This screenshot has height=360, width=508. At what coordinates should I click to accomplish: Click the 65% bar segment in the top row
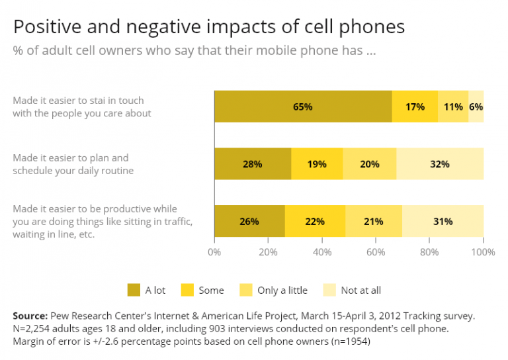point(303,107)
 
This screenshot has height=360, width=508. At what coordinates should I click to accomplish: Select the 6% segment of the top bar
point(476,107)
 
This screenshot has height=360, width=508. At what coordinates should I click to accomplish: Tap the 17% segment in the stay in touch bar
point(415,107)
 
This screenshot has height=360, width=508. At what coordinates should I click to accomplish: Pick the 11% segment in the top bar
point(453,107)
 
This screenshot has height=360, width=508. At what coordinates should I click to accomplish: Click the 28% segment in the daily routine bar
point(252,164)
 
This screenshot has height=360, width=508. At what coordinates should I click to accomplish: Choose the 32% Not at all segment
point(440,164)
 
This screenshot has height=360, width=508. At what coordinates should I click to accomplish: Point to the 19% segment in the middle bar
point(317,164)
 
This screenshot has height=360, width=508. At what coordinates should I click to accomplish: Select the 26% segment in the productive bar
point(249,222)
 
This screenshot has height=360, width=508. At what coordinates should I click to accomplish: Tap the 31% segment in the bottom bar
point(443,222)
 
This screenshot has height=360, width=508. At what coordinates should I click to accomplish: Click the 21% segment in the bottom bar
point(373,222)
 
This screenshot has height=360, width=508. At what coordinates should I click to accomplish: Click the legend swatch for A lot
point(134,290)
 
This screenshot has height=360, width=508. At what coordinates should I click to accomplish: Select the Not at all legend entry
point(360,290)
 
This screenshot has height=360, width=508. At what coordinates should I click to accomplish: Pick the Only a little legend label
point(281,290)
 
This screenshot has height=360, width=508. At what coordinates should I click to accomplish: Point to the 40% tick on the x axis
point(322,252)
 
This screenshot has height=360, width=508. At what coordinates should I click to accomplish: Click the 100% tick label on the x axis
point(483,252)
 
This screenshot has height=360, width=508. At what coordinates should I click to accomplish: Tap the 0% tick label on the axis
point(214,252)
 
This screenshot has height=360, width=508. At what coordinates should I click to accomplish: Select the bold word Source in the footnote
point(30,316)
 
